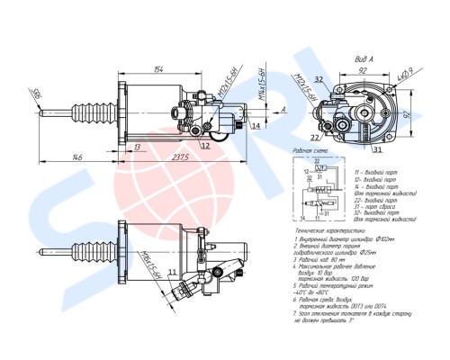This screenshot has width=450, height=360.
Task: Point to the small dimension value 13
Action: pyautogui.click(x=137, y=146)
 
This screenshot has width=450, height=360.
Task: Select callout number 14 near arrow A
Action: pyautogui.click(x=256, y=127)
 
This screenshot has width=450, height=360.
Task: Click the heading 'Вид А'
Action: pyautogui.click(x=340, y=55)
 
